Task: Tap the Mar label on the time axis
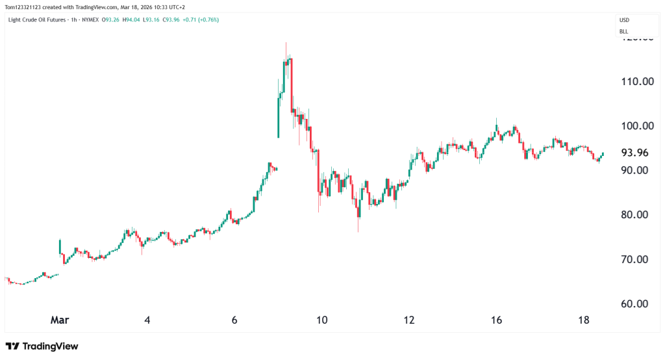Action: pos(60,320)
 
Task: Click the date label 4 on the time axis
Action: pos(147,320)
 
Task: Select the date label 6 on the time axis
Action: pos(234,320)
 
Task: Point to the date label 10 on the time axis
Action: pos(321,320)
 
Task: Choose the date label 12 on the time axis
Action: pos(408,320)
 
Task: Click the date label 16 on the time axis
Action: pos(496,320)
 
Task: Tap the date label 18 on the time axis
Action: pos(583,320)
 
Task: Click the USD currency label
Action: pos(624,20)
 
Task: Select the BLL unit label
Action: pos(623,31)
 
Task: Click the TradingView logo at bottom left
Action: pos(42,346)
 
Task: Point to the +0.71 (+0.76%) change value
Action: pos(200,19)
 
